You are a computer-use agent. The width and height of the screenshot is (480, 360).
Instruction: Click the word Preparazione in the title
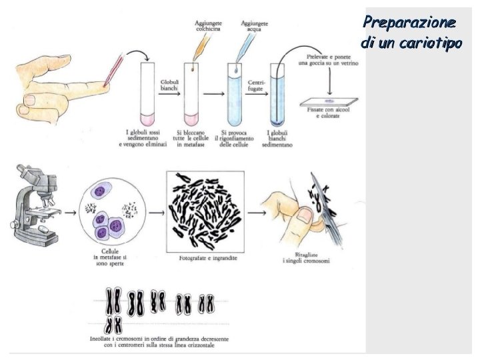(410, 21)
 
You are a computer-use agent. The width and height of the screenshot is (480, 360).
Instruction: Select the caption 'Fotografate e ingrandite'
(204, 257)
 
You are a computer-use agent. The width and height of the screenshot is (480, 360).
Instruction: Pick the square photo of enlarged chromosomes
(204, 209)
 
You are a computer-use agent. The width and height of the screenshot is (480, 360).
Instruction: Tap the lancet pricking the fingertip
(115, 70)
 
